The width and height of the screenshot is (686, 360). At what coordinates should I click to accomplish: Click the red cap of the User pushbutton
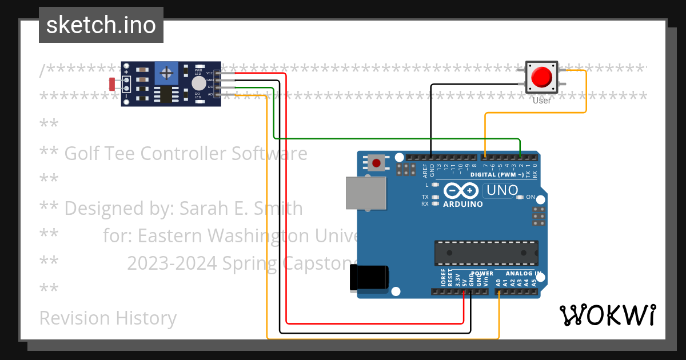point(541,77)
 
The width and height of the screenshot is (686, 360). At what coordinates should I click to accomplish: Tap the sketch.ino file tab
point(101,25)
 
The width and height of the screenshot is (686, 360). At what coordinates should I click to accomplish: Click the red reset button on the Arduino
point(376,163)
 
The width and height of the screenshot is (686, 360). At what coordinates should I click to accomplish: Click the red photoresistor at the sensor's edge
point(113,84)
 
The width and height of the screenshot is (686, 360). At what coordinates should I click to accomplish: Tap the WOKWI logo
point(608,315)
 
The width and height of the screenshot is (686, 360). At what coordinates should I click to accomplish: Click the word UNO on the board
point(501,190)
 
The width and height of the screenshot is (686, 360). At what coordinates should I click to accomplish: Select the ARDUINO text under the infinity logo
point(462,204)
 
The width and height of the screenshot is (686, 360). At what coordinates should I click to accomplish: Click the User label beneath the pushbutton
point(541,101)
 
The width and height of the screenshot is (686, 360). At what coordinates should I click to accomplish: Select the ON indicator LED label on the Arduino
point(530,198)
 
